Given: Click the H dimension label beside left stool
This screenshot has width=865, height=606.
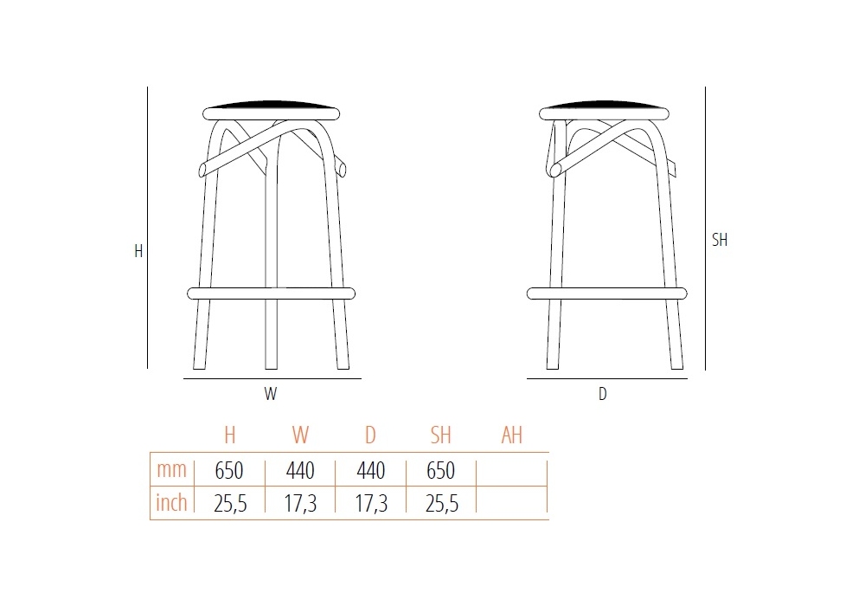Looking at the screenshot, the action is point(138,251).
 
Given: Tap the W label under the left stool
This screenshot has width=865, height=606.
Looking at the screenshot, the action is point(270,394).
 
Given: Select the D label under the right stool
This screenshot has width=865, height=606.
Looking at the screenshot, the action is point(602,394).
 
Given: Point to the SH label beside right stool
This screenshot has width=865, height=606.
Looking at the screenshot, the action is point(720,240).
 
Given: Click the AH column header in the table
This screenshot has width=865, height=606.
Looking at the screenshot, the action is point(511,435).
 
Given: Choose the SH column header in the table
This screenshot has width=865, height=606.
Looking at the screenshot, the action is point(441,435).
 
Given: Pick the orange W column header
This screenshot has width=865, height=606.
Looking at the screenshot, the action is point(300,435).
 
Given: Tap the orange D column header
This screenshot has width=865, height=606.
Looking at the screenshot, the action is point(371,435).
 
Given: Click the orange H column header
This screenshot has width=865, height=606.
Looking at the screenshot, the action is point(230,435).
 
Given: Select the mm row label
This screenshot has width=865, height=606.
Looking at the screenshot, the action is point(171,470).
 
